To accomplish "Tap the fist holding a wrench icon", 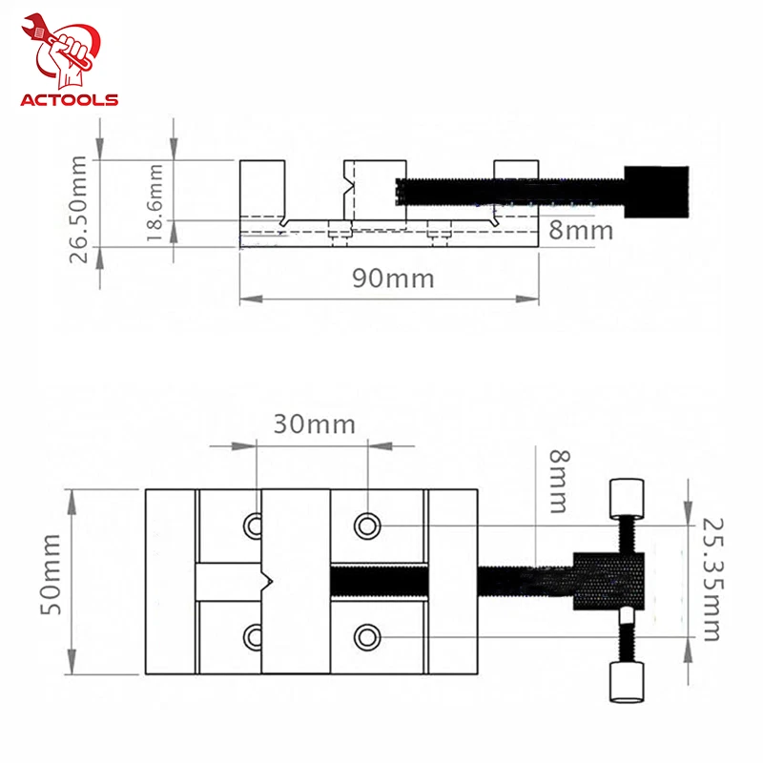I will click(x=66, y=50).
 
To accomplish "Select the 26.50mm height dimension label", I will click(x=83, y=202).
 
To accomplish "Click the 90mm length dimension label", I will click(x=392, y=278).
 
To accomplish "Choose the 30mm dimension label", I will click(x=314, y=423).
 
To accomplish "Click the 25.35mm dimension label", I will click(x=711, y=580).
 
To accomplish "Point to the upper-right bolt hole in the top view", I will click(x=368, y=525).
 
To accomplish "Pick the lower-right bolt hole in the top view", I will click(x=368, y=636).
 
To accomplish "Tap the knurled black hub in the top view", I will click(x=608, y=581).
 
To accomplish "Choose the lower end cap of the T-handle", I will click(x=624, y=682).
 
